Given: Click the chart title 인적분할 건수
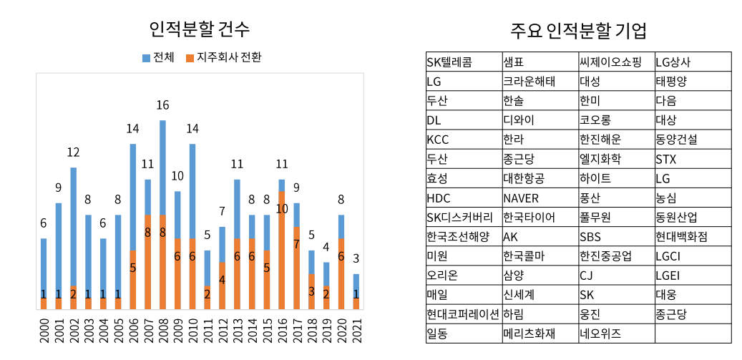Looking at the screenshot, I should (200, 29).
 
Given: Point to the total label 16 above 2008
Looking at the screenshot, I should (162, 105).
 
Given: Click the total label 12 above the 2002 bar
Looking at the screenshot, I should (73, 152).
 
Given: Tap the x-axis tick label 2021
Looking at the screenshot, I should (356, 331).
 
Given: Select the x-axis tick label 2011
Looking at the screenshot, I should (208, 331).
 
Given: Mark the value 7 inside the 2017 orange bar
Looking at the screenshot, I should (296, 244).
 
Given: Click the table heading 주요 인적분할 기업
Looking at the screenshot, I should (578, 31).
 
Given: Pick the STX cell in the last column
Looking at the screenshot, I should (665, 159).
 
